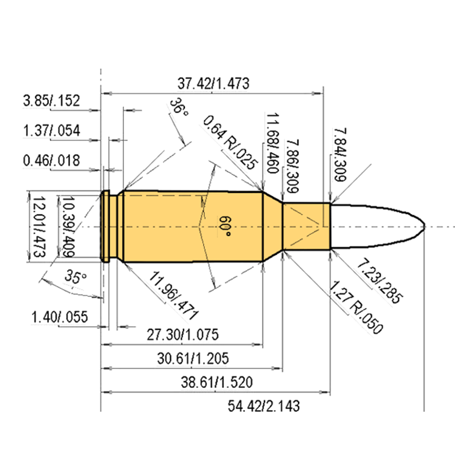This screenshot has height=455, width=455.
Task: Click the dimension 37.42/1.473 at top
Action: click(213, 84)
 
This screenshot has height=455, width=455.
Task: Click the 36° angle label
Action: click(179, 107)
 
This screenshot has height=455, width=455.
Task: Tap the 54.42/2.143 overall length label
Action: click(263, 406)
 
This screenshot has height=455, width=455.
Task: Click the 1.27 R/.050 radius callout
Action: click(356, 307)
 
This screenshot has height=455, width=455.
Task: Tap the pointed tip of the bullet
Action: click(424, 226)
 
